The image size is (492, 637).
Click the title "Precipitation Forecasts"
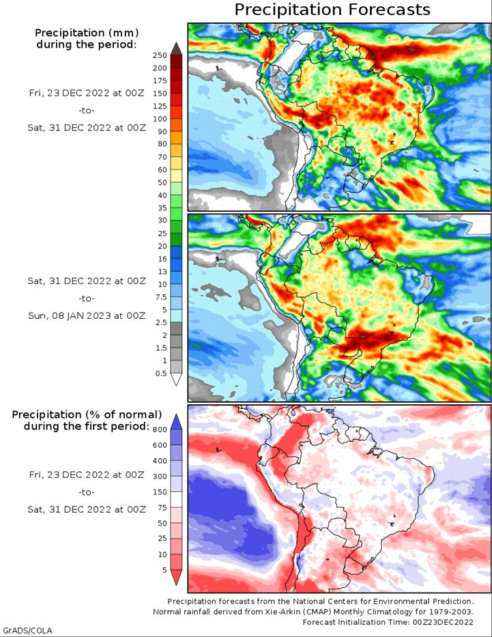point(332,10)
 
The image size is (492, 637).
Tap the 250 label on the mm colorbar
point(160,55)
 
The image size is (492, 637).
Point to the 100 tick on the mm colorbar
point(160,119)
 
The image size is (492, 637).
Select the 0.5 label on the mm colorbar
point(161,373)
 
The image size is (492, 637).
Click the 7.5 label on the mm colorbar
point(161,297)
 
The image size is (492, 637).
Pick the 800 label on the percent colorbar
point(160,429)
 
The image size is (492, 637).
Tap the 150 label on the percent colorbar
point(160,492)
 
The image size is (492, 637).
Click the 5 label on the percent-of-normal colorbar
point(164,570)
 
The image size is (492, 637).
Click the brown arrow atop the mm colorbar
point(176,48)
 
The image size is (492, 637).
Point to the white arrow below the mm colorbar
point(176,380)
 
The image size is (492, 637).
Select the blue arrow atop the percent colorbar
point(176,422)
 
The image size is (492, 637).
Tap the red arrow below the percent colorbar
point(176,578)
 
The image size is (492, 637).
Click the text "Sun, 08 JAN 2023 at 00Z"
point(87,315)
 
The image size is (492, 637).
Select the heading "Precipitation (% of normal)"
point(87,415)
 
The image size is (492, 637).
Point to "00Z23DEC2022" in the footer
point(444,622)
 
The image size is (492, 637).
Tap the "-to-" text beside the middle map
point(87,298)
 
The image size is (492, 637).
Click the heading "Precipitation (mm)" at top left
point(87,33)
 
